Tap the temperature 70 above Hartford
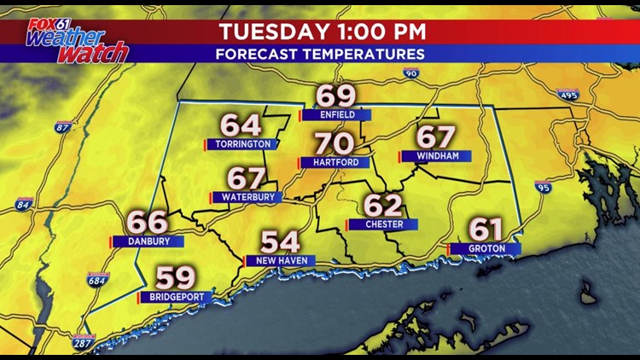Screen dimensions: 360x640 [335, 143]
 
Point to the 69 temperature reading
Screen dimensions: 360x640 [336, 96]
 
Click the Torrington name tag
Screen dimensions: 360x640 [242, 144]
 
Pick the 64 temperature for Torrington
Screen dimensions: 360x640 [241, 125]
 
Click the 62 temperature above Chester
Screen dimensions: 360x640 [382, 206]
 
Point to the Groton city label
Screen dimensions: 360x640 [486, 248]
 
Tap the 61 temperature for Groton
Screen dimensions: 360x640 [486, 229]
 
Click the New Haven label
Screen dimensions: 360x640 [280, 260]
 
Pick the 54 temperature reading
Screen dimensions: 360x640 [281, 241]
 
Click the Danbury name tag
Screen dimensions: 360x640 [148, 241]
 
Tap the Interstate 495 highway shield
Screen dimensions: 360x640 [568, 94]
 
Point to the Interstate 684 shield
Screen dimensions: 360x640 [97, 279]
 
